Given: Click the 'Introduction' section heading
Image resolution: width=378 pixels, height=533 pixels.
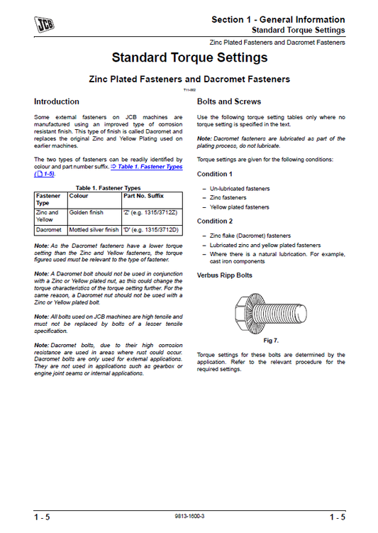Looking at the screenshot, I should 57,101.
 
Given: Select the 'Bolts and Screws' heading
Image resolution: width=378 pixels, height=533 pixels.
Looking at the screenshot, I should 228,101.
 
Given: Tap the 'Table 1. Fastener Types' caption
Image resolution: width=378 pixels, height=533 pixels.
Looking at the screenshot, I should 108,187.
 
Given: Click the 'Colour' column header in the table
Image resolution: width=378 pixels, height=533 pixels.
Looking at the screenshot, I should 79,195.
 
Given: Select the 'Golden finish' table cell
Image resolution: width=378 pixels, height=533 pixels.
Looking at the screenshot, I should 87,212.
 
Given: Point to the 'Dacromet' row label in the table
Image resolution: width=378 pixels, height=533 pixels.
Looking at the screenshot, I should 48,230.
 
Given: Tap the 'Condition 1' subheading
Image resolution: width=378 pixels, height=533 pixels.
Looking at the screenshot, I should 214,174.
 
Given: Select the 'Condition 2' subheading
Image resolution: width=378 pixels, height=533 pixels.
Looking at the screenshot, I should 214,221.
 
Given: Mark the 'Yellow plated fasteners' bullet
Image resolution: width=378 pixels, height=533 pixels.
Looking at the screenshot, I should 239,207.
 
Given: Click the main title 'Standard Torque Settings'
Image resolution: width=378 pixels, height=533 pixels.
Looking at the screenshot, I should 189,57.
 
